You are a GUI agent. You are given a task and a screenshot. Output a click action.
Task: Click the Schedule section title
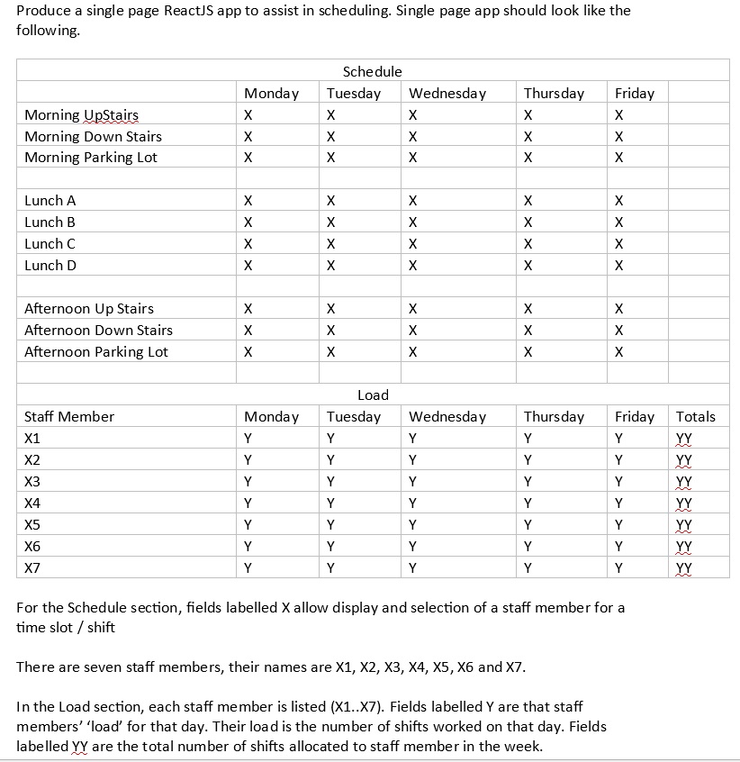pyautogui.click(x=372, y=71)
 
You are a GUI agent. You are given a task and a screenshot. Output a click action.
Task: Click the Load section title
pyautogui.click(x=373, y=395)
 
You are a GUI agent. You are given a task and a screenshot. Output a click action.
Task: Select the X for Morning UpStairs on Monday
pyautogui.click(x=248, y=115)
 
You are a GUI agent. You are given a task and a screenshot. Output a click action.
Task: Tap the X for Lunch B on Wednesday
pyautogui.click(x=412, y=222)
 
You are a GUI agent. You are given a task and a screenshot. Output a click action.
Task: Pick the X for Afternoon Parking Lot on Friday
pyautogui.click(x=618, y=352)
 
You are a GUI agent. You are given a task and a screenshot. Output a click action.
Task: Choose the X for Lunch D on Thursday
pyautogui.click(x=528, y=266)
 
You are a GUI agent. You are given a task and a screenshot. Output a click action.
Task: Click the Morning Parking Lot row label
pyautogui.click(x=91, y=158)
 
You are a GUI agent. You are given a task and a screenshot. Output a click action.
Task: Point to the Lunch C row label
pyautogui.click(x=50, y=244)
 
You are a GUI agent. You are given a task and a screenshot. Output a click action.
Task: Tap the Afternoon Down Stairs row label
pyautogui.click(x=98, y=331)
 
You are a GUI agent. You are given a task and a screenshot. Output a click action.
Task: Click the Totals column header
pyautogui.click(x=695, y=416)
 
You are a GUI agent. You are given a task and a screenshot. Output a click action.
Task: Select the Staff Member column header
pyautogui.click(x=69, y=416)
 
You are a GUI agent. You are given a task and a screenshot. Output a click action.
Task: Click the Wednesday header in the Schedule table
pyautogui.click(x=447, y=94)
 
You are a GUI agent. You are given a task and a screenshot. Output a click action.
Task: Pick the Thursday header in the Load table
pyautogui.click(x=554, y=416)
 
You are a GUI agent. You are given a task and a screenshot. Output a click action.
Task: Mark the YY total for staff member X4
pyautogui.click(x=684, y=503)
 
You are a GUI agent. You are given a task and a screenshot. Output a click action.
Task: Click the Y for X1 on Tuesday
pyautogui.click(x=331, y=439)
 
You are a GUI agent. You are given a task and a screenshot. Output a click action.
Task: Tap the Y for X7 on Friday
pyautogui.click(x=618, y=568)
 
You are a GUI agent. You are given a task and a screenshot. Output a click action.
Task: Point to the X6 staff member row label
pyautogui.click(x=32, y=547)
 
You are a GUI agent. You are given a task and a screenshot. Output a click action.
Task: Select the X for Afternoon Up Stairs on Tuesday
pyautogui.click(x=331, y=309)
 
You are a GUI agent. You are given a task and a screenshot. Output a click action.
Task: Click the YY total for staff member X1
pyautogui.click(x=684, y=439)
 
